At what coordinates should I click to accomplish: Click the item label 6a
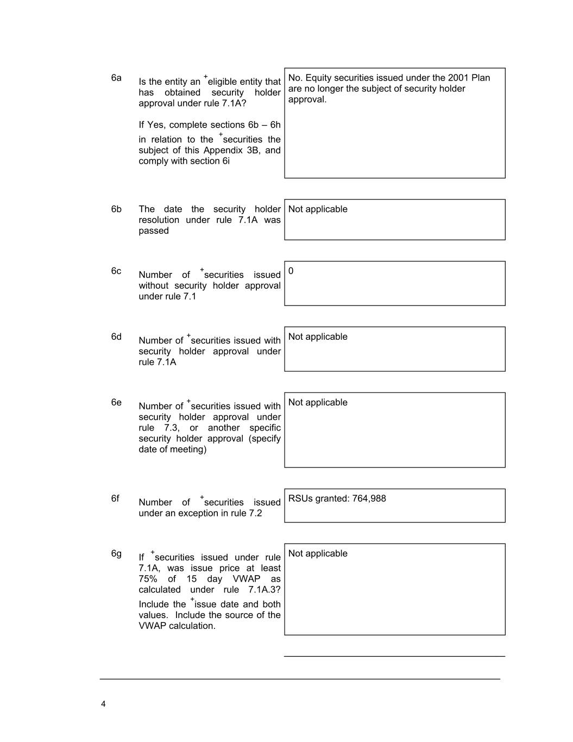[x=116, y=78]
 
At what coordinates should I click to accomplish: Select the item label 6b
[x=116, y=209]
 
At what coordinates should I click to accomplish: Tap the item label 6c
[x=116, y=271]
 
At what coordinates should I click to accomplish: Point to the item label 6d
[x=116, y=337]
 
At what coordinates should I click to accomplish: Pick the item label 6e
[x=116, y=403]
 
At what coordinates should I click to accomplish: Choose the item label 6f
[x=115, y=498]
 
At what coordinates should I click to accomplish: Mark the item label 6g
[x=116, y=554]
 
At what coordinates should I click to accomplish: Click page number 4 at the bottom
[x=103, y=704]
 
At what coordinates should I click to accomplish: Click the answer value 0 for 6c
[x=291, y=271]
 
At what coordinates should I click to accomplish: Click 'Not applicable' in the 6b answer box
[x=318, y=209]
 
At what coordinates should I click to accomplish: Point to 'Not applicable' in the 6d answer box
[x=318, y=337]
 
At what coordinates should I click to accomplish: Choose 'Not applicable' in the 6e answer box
[x=318, y=403]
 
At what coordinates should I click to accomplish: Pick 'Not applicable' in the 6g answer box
[x=318, y=554]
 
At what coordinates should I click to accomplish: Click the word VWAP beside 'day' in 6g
[x=247, y=579]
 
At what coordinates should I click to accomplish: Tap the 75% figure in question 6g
[x=148, y=579]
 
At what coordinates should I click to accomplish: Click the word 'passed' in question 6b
[x=154, y=231]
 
